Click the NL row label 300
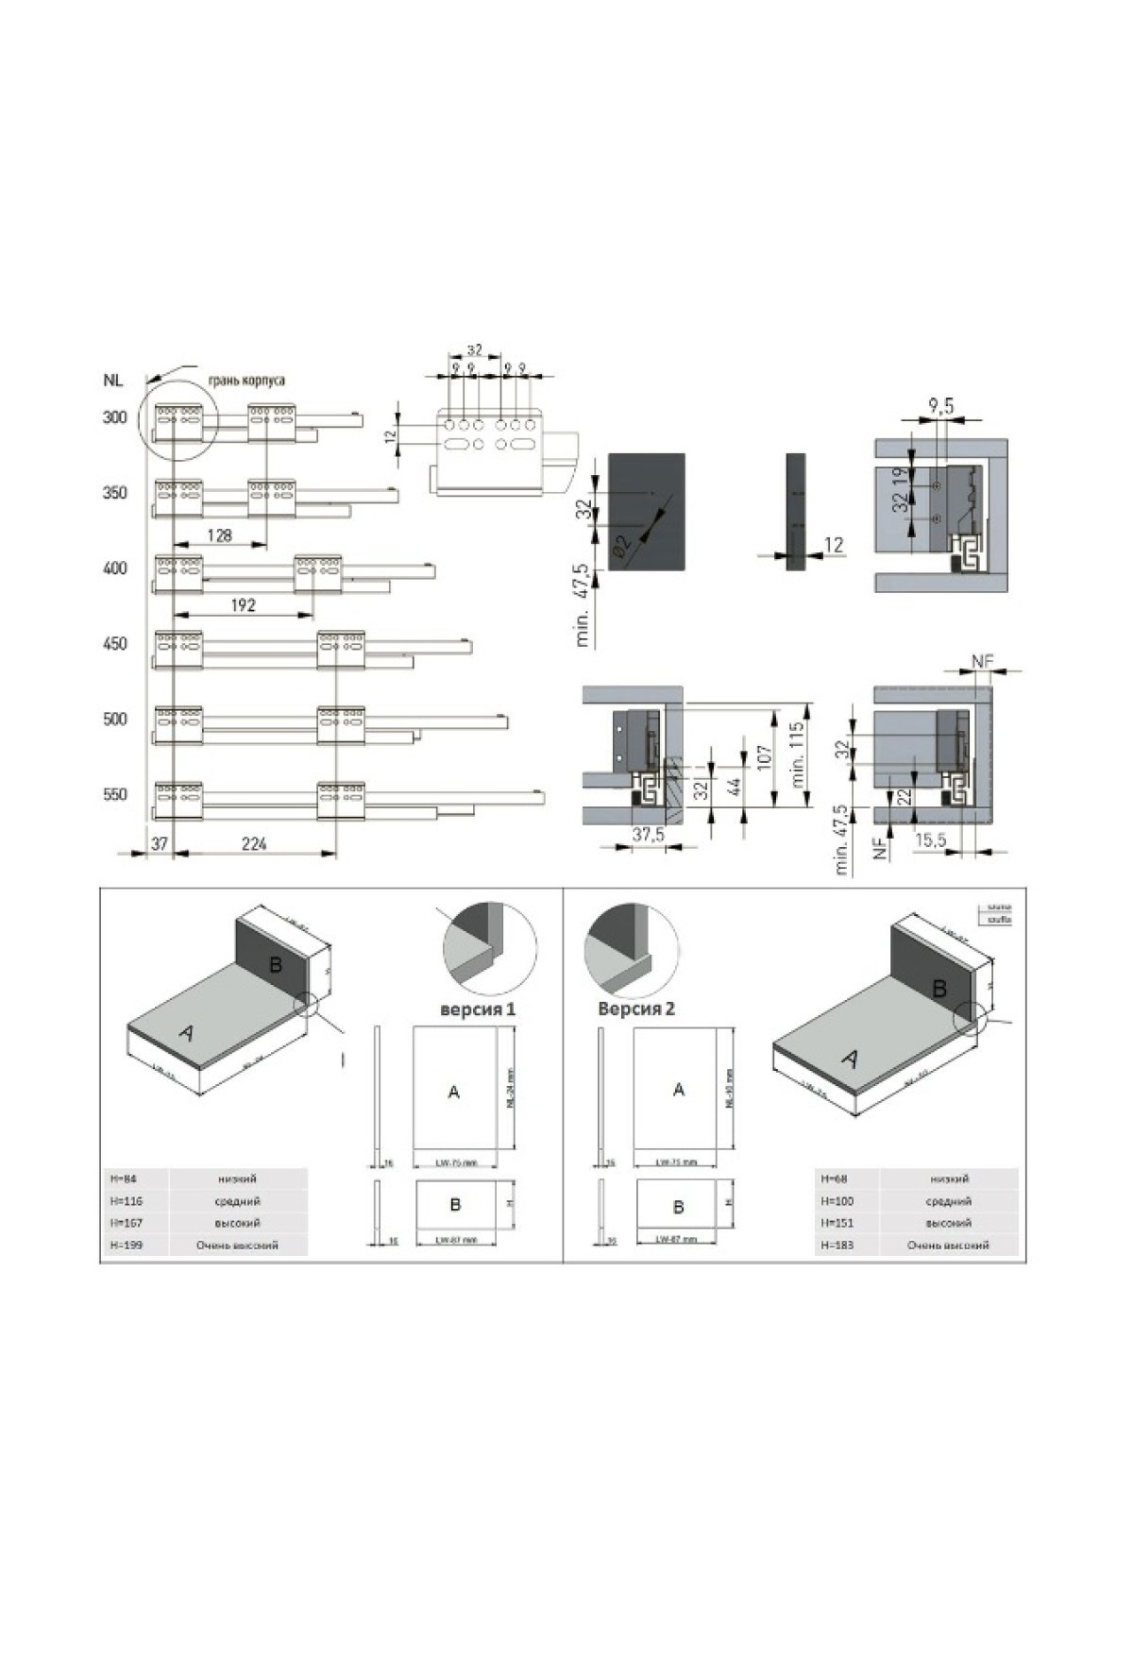pos(114,417)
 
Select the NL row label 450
pos(114,644)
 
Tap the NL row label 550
pos(114,795)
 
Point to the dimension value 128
pos(218,535)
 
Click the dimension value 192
pos(244,604)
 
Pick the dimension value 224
pos(253,843)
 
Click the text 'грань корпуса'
pos(246,380)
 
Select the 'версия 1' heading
pos(478,1009)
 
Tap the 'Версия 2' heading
pos(636,1009)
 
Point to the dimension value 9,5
pos(940,406)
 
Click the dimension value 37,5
pos(648,835)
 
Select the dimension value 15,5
pos(930,839)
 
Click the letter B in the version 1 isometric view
pos(276,964)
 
